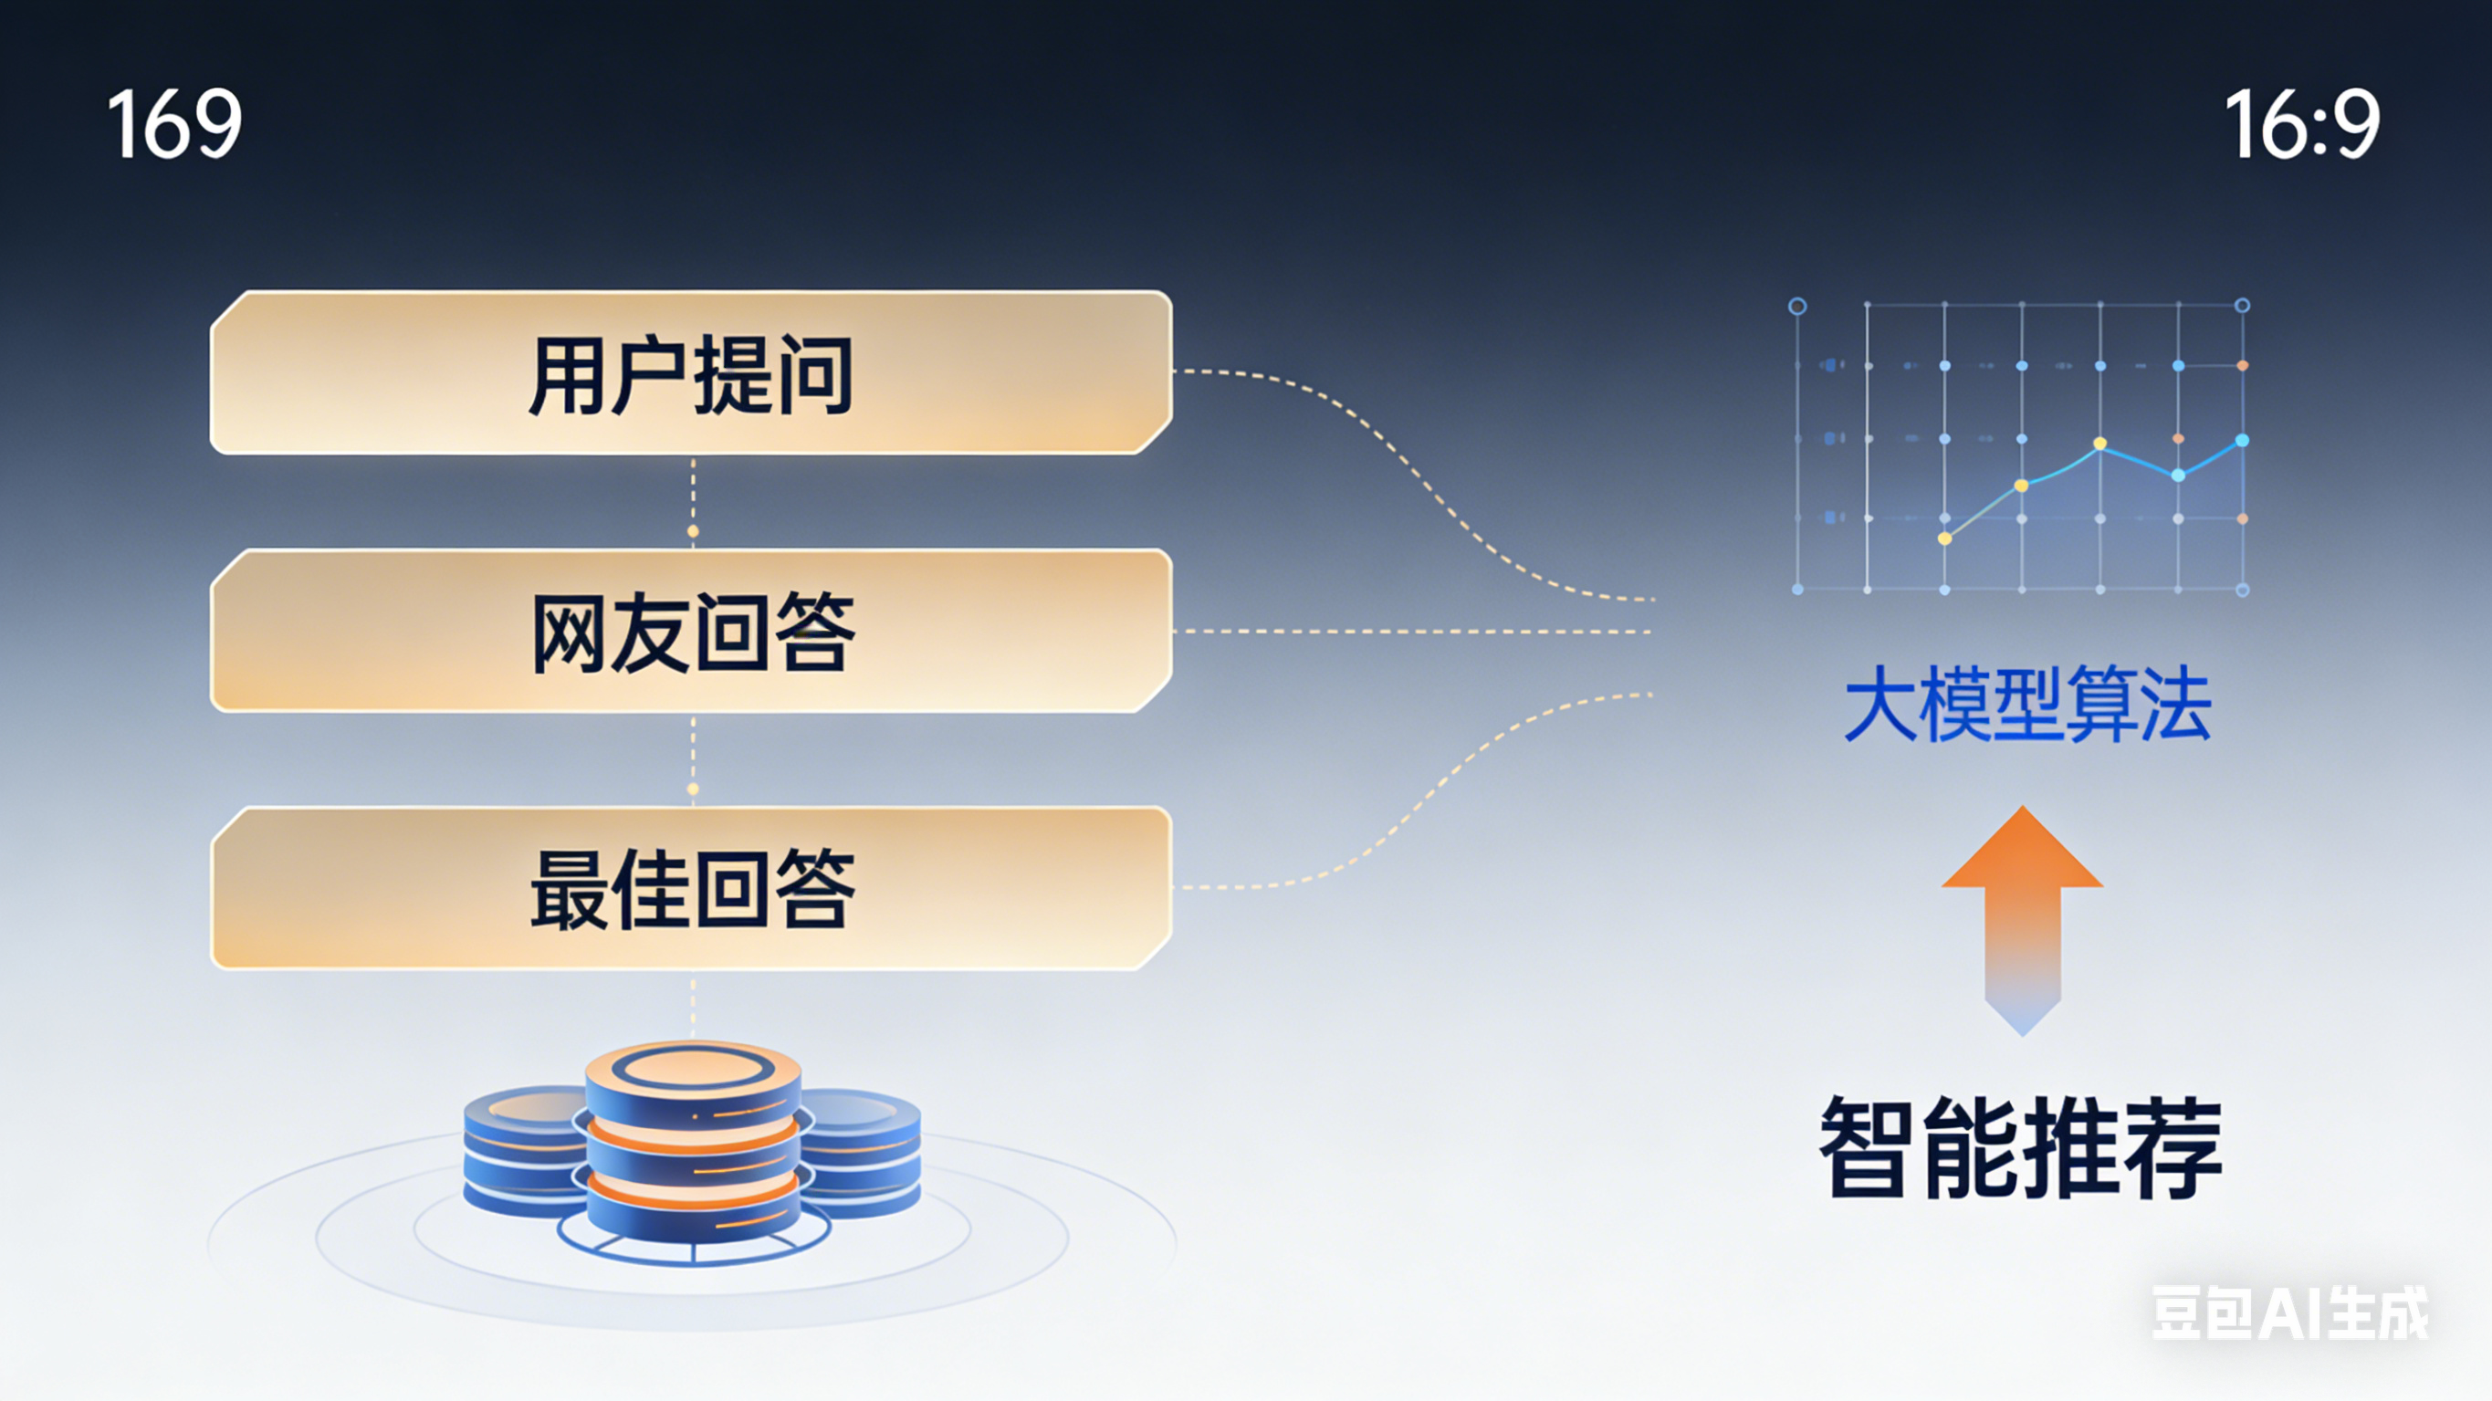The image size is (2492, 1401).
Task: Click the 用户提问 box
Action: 691,372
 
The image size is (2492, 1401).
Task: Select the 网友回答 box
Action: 691,631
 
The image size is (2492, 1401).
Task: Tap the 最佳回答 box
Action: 691,888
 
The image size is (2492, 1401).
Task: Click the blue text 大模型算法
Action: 2026,704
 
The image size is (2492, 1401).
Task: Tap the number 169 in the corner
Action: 174,123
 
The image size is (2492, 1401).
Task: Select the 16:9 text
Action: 2301,123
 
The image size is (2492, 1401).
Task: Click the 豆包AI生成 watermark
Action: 2288,1313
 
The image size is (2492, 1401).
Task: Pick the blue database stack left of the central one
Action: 522,1151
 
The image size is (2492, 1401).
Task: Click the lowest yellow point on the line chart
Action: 1944,538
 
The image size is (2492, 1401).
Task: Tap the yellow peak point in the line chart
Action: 2100,444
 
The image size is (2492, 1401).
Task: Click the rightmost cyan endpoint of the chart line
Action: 2243,440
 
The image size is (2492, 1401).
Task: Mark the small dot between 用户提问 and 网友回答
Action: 693,531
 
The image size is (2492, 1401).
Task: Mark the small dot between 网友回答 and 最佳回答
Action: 693,789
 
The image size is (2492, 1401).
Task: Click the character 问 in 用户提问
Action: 812,375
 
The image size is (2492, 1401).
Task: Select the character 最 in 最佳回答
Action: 570,890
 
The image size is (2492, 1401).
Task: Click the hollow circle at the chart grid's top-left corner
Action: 1797,307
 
